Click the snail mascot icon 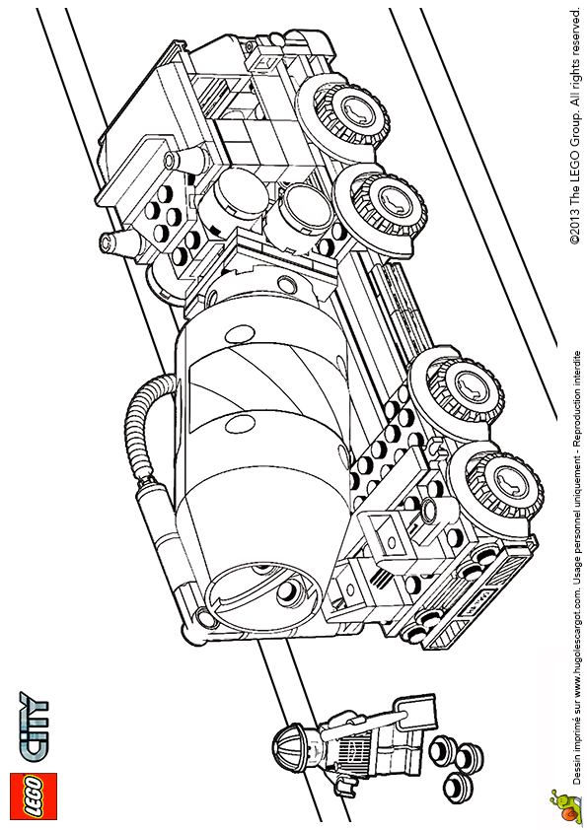click(563, 803)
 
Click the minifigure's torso click(349, 752)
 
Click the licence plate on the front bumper click(480, 600)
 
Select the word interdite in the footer click(576, 368)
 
